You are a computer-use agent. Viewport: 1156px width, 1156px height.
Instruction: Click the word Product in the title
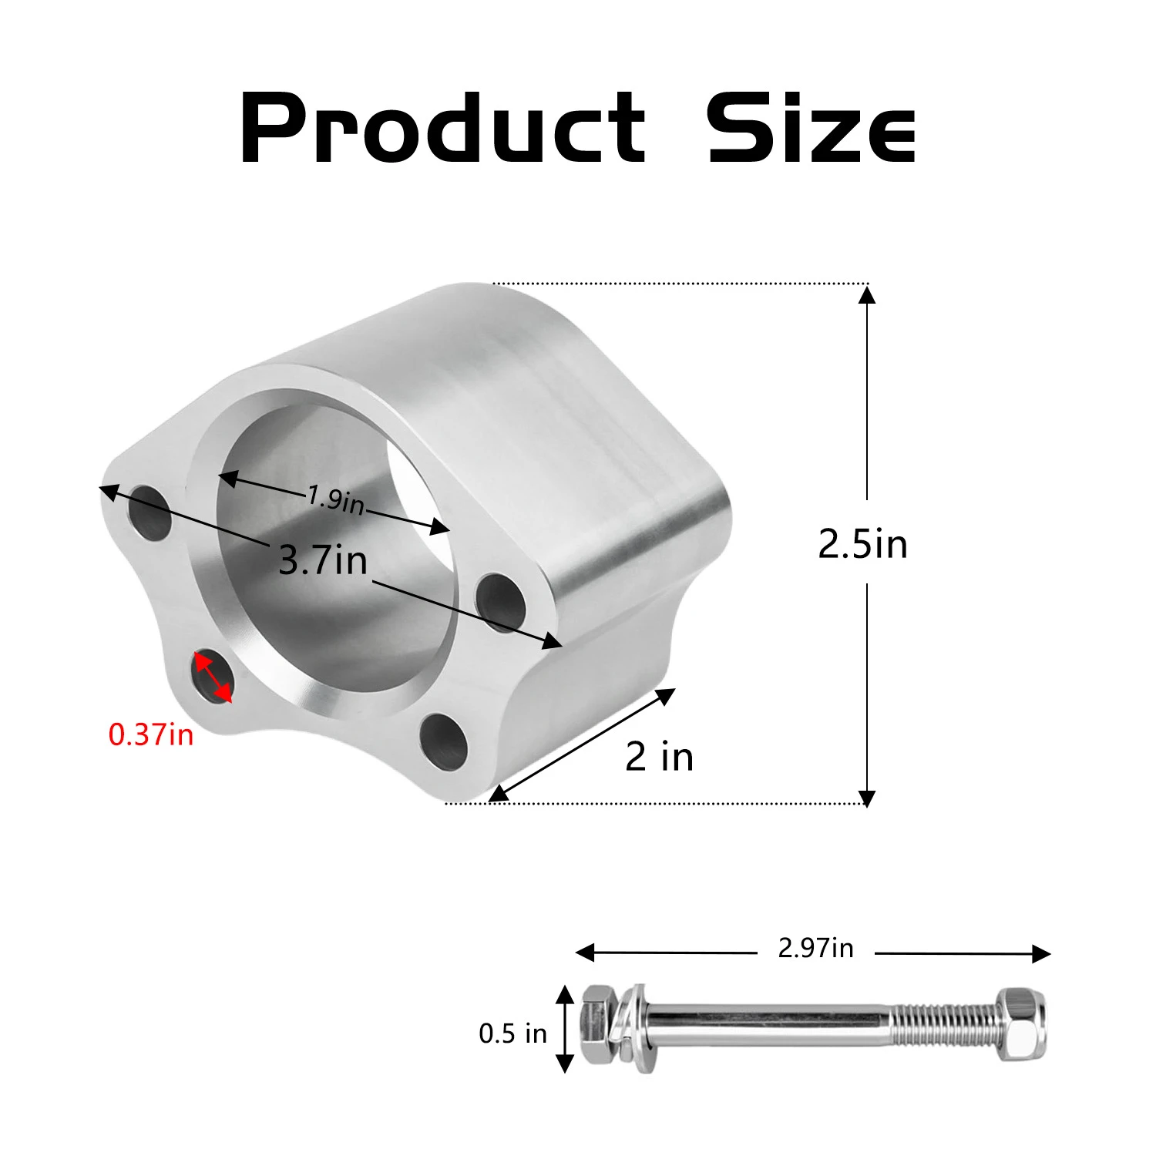[442, 128]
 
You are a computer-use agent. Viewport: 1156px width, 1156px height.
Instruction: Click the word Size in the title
[811, 128]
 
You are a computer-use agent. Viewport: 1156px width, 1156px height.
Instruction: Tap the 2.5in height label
[862, 544]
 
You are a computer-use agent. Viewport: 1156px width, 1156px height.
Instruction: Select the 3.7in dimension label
[323, 560]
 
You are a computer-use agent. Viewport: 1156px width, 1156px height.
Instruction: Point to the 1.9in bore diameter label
[335, 499]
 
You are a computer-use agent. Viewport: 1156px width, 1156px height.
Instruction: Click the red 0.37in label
[151, 734]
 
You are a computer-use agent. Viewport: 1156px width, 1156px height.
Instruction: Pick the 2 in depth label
[659, 756]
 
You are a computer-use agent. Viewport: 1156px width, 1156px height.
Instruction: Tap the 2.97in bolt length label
[815, 948]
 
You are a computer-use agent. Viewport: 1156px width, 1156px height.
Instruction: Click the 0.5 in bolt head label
[512, 1033]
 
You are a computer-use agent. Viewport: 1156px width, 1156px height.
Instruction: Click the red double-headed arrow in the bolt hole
[213, 677]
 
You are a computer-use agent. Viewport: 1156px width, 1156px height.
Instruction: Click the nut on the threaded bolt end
[1022, 1025]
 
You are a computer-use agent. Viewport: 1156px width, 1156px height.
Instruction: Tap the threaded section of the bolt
[944, 1024]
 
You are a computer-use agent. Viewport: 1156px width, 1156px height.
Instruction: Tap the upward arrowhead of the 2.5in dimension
[867, 294]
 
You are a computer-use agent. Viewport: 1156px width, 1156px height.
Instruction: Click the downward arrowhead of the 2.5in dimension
[867, 798]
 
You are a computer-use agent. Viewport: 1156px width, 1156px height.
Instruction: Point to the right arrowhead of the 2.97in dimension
[1041, 954]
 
